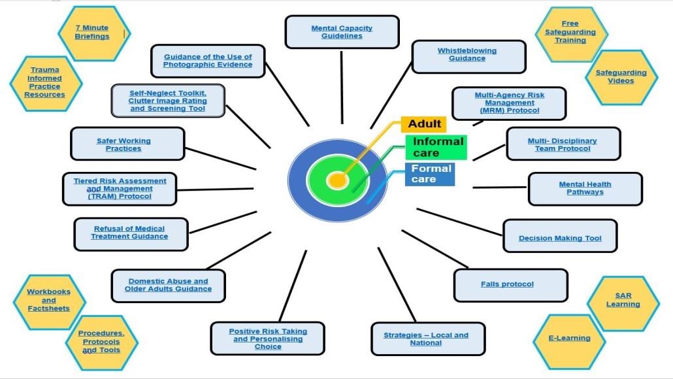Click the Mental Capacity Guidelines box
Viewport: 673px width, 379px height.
[342, 32]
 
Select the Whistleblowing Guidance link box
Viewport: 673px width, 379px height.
[467, 55]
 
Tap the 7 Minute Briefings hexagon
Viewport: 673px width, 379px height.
[92, 32]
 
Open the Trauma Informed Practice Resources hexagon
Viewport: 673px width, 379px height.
[45, 82]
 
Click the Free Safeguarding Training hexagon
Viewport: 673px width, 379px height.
[570, 32]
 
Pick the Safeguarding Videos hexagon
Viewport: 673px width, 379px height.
[621, 76]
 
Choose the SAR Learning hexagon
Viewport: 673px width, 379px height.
[623, 300]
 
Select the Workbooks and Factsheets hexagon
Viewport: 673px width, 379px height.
[48, 301]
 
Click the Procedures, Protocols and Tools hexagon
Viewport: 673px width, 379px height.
[101, 341]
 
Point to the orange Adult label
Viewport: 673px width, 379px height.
[424, 124]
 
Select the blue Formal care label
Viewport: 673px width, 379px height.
[431, 173]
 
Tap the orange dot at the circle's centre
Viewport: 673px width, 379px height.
[336, 179]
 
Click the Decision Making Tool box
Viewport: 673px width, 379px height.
[559, 236]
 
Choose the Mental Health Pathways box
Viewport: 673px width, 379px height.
[585, 189]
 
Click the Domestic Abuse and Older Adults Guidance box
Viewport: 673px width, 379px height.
[168, 286]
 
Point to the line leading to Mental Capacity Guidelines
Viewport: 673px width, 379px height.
[342, 85]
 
